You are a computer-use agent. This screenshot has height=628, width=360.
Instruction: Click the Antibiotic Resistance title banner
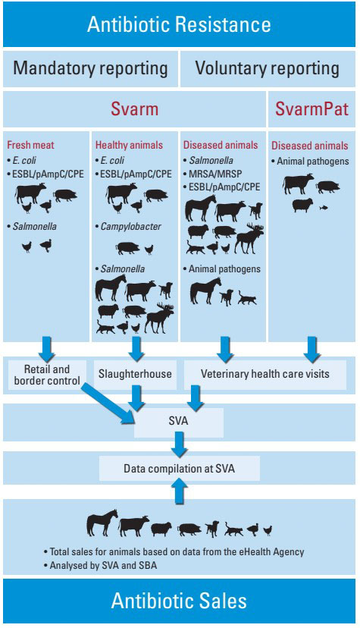click(179, 24)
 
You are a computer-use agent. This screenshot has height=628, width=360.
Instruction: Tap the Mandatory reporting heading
click(90, 68)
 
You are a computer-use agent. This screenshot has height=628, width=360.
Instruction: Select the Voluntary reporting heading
click(268, 68)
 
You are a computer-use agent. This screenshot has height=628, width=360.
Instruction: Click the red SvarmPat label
click(311, 109)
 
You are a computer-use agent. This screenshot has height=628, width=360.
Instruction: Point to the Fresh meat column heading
click(30, 145)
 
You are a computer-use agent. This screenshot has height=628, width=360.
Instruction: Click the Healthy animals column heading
click(129, 145)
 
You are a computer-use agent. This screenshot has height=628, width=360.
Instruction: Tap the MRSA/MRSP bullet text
click(215, 174)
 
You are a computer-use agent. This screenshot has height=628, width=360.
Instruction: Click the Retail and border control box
click(47, 375)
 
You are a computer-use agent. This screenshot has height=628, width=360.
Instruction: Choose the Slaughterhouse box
click(135, 375)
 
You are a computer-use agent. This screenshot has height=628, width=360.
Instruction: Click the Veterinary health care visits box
click(265, 375)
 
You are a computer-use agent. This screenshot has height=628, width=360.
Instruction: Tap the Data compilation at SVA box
click(180, 468)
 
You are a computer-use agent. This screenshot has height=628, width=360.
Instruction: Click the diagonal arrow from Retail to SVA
click(108, 402)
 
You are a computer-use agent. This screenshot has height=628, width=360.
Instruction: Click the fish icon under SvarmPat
click(323, 208)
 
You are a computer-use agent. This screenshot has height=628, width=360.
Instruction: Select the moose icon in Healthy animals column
click(160, 318)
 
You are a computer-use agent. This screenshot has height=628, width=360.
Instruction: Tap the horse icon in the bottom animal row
click(102, 523)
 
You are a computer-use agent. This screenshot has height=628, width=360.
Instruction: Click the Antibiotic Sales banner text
click(179, 601)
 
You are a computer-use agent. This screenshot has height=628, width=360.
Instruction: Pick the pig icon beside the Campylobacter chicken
click(128, 248)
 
